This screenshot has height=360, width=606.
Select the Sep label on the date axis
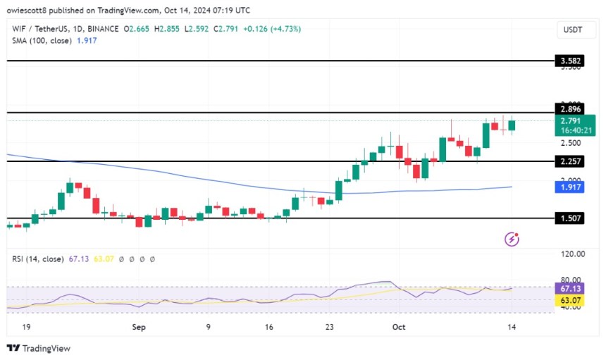click(139, 327)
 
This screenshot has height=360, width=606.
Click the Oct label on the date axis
click(400, 327)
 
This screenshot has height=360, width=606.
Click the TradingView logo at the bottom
click(38, 348)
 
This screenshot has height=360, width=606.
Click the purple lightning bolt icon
click(512, 240)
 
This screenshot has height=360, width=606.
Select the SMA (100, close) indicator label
click(44, 41)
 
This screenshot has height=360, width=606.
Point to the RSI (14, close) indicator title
click(41, 259)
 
